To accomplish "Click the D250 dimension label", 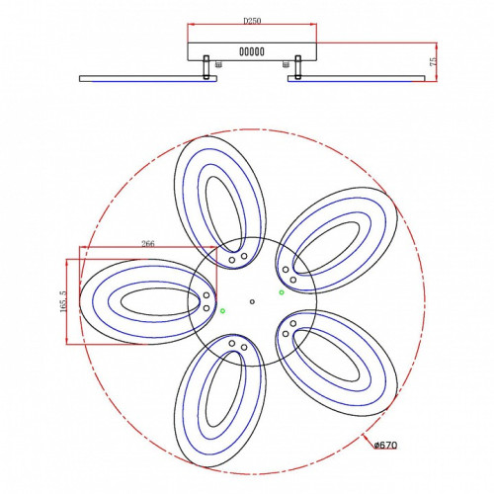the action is [252, 21].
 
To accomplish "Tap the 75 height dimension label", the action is [434, 61].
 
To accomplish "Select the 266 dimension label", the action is [148, 244].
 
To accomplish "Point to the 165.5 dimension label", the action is [63, 301].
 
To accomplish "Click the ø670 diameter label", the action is [385, 446].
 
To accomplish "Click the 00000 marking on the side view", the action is [252, 51].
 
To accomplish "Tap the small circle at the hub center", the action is [252, 301].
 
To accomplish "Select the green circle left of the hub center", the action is [222, 310].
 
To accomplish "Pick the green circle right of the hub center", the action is [282, 292].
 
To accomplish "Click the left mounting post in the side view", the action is [206, 67].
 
